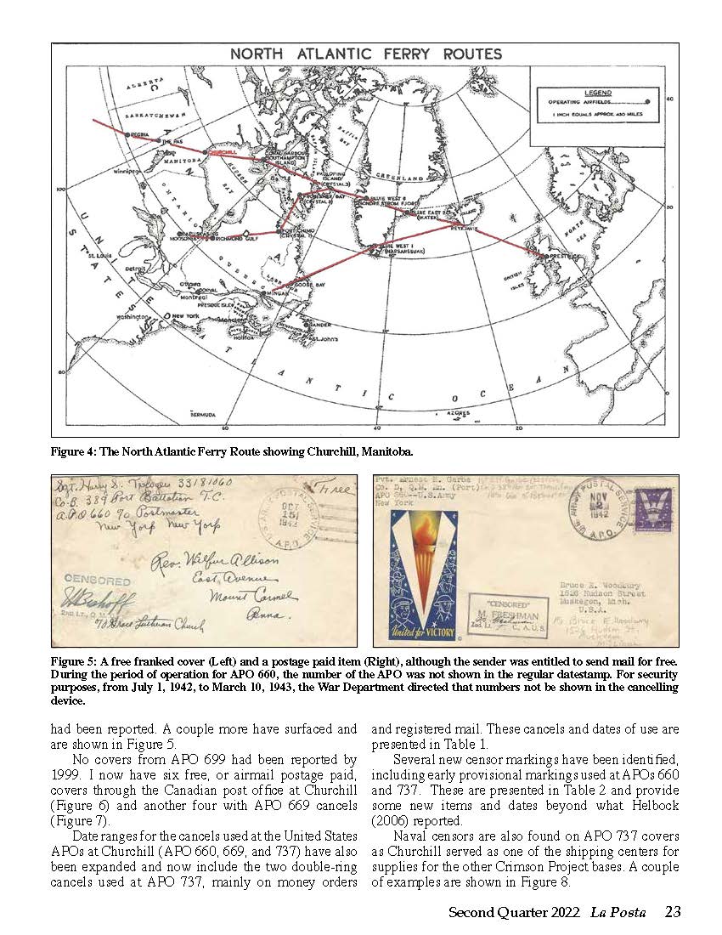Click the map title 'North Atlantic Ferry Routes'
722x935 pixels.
[x=366, y=54]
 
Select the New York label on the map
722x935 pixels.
[x=185, y=315]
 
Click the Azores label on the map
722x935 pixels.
[x=457, y=412]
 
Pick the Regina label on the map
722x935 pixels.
[x=140, y=135]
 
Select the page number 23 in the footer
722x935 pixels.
[x=672, y=913]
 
